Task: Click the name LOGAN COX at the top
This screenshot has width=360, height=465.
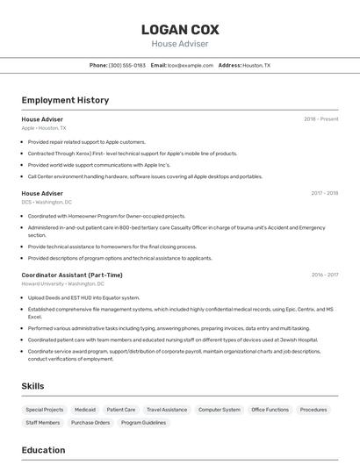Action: pos(180,29)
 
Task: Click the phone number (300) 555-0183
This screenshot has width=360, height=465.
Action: pos(127,65)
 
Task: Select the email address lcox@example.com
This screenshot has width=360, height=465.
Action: pos(190,65)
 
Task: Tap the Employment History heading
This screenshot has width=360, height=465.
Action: pos(65,100)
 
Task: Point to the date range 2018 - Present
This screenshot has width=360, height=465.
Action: pos(320,118)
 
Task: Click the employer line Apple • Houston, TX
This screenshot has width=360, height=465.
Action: pos(44,128)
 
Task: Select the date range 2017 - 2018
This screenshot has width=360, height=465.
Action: pos(324,193)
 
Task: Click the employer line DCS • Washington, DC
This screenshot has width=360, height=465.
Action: pos(47,202)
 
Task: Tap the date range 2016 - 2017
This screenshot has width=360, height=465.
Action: pos(324,275)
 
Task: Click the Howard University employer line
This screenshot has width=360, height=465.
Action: pos(62,284)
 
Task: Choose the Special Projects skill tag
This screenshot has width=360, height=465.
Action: pos(45,410)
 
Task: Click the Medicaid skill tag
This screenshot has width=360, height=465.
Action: pos(85,410)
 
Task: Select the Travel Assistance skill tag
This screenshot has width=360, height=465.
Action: pos(167,410)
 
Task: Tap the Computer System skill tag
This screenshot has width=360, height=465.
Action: pos(219,410)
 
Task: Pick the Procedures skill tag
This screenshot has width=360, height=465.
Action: pos(313,410)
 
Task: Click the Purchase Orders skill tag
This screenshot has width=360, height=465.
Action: pos(90,423)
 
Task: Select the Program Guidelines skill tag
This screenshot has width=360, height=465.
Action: pos(143,423)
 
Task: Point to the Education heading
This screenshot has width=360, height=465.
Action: pos(43,450)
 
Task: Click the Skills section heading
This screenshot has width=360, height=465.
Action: pos(33,386)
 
